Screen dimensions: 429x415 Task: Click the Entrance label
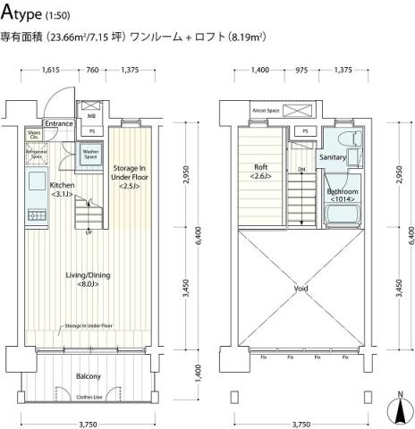tap(59, 123)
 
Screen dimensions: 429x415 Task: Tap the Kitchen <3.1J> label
tap(62, 189)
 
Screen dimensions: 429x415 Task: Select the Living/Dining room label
tap(88, 280)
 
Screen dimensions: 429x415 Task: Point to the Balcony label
tap(88, 376)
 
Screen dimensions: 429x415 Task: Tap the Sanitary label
tap(333, 157)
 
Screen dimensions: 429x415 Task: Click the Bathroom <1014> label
tap(342, 196)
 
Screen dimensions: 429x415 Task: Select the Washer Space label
tap(90, 154)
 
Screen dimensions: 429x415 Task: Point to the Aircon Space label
tap(267, 111)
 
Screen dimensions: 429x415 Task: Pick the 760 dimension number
tap(92, 69)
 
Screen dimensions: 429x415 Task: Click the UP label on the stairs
tap(88, 233)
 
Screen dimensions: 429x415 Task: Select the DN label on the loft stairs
tap(301, 169)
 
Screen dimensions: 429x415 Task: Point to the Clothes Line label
tap(88, 396)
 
